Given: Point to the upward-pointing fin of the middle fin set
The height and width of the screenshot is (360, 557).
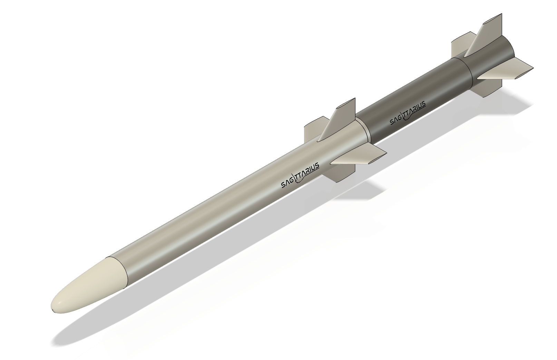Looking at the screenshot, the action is pyautogui.click(x=340, y=119).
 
